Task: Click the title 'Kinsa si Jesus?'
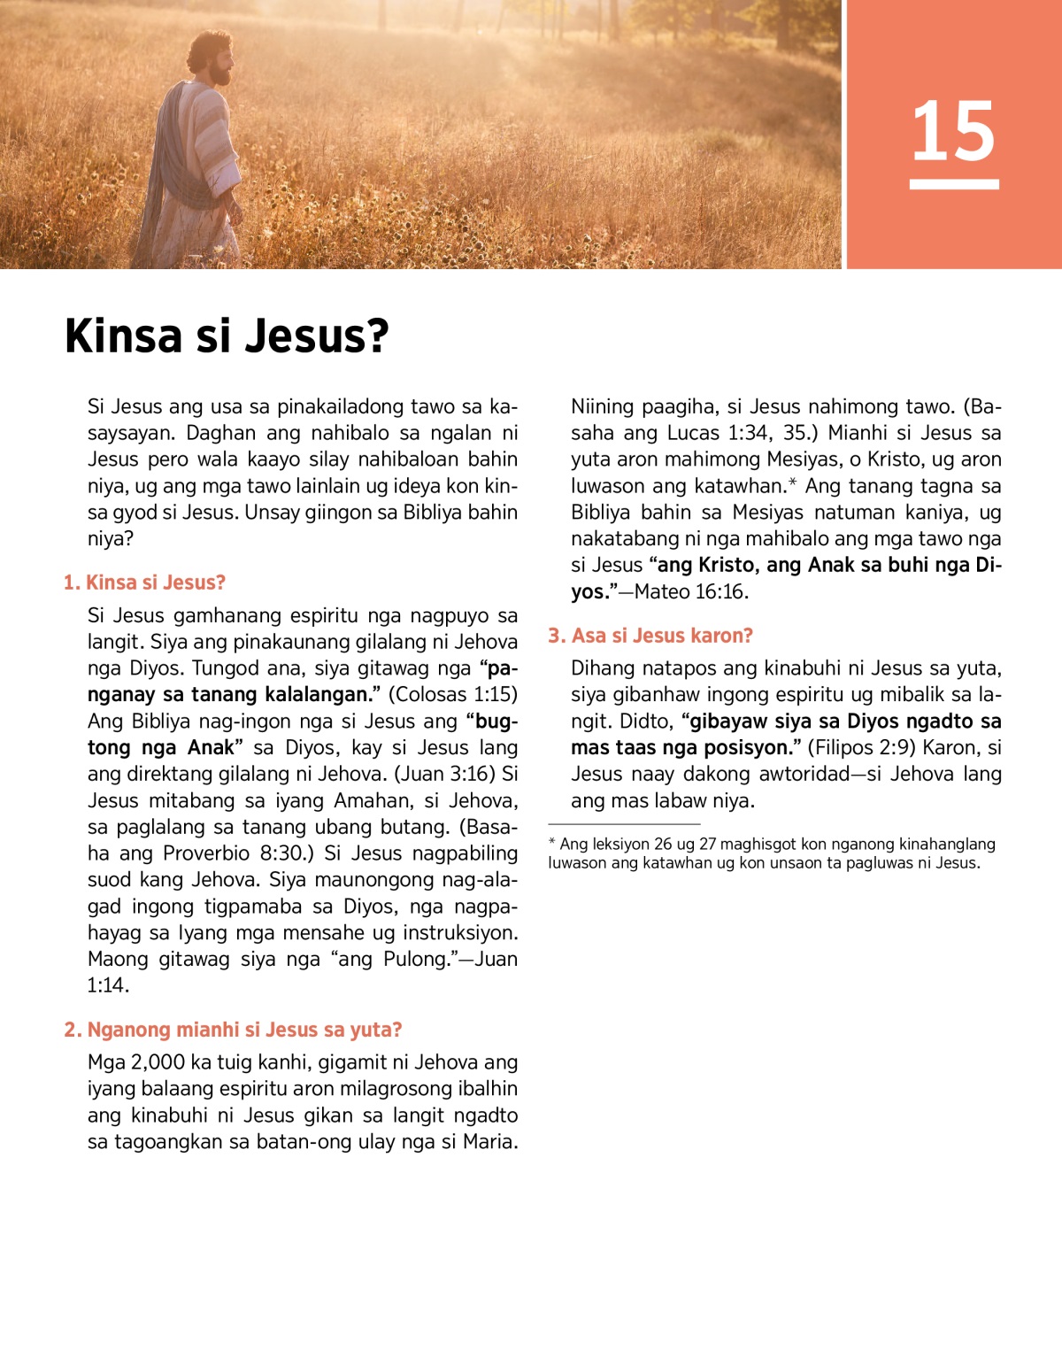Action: point(227,336)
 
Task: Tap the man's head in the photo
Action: point(212,57)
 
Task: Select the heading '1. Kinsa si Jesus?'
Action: point(144,583)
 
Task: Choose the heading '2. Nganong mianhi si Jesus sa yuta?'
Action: point(233,1030)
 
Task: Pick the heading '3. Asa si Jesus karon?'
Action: point(650,636)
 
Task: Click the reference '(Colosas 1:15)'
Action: point(453,695)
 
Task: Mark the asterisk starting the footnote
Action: point(552,844)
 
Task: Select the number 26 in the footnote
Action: point(663,845)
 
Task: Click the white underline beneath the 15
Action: point(953,184)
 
